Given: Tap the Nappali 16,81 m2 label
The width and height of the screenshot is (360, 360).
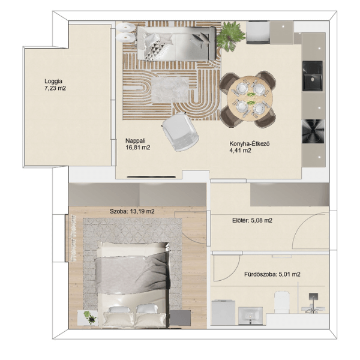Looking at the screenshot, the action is (138, 144).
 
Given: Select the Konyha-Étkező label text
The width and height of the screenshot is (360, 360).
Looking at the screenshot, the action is (250, 144).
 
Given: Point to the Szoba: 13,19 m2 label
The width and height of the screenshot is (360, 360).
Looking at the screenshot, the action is (132, 211).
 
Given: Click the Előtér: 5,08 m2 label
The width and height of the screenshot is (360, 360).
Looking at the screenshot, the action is (253, 220).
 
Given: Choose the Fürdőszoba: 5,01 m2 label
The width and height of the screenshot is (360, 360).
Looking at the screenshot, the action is (272, 274).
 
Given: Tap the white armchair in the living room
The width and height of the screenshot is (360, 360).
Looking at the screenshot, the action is (181, 132).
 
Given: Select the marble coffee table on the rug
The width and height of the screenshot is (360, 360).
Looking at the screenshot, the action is (170, 90).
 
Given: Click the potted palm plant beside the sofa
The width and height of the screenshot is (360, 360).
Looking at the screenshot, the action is (229, 36).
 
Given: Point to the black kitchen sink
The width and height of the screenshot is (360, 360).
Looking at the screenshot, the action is (313, 76).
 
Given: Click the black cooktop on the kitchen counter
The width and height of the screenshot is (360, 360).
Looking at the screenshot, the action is (313, 131).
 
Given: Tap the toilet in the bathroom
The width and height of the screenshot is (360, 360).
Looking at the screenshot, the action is (282, 302).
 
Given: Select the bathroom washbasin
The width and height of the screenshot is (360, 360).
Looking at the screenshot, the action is (250, 316).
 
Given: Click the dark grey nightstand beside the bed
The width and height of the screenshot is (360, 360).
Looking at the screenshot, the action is (180, 318).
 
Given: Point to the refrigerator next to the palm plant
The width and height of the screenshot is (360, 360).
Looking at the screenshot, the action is (258, 32).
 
